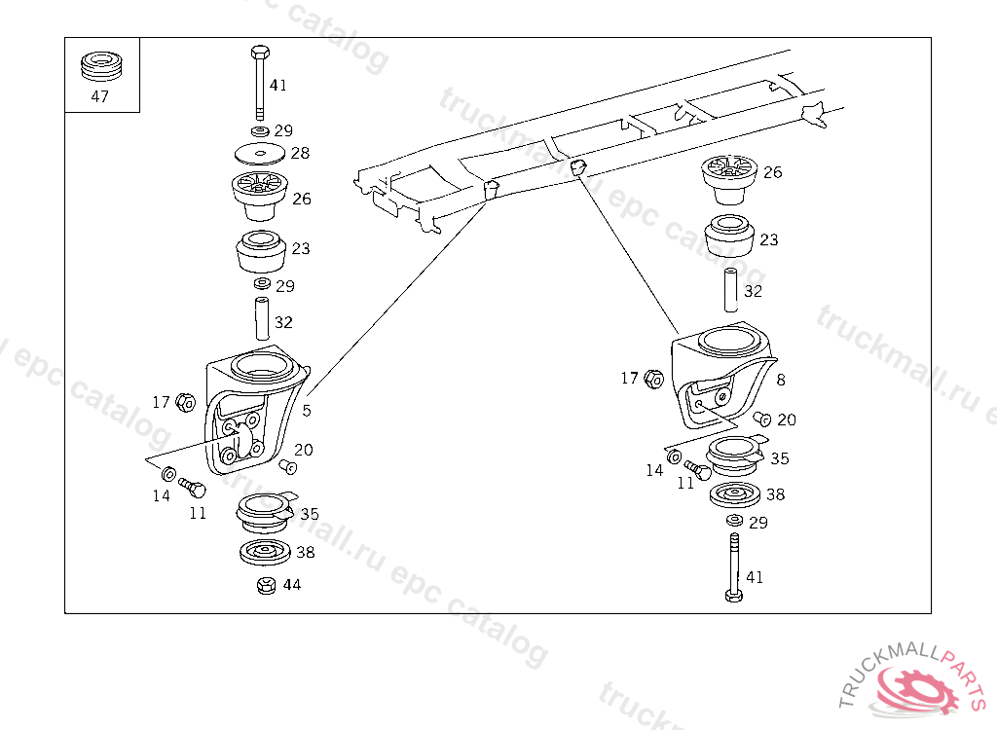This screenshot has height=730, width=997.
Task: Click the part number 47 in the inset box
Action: [100, 96]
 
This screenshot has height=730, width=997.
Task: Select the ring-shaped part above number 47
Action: [101, 66]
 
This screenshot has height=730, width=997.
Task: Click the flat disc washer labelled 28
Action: [259, 153]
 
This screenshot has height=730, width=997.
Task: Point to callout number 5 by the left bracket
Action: [307, 410]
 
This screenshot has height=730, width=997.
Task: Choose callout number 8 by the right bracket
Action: [781, 380]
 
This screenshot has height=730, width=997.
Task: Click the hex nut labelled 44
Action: [267, 585]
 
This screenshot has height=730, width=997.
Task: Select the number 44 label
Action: [292, 584]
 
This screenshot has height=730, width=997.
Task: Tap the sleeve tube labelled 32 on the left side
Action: [262, 318]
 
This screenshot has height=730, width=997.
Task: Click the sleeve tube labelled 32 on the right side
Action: [731, 290]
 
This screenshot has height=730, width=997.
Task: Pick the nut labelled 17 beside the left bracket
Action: [185, 402]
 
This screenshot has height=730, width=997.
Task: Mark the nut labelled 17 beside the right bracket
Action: [653, 379]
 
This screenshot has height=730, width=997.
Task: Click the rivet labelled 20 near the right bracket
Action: [761, 419]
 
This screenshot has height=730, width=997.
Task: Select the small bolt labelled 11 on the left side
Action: [192, 488]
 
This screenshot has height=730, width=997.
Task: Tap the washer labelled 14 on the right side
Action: [675, 456]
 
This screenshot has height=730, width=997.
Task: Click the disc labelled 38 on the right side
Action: [735, 495]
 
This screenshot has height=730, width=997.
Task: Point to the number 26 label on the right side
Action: [772, 172]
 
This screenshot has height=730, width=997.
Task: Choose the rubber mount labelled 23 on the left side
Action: [261, 252]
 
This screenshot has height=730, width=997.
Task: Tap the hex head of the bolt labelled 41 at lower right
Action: [734, 596]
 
